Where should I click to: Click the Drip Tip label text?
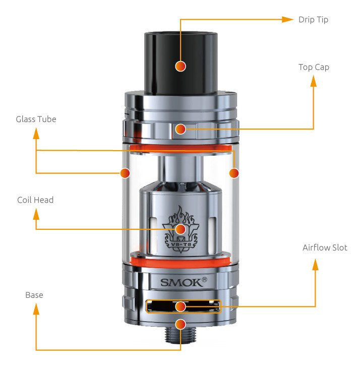coord(313,20)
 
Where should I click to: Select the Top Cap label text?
coord(314,67)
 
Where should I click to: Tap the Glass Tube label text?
coord(36,119)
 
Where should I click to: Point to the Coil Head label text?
coord(35,200)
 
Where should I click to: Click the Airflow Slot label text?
coord(325,247)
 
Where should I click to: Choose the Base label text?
coord(34,295)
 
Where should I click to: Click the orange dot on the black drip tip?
coord(181,66)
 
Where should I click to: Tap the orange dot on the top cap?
coord(181,129)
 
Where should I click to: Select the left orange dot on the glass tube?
coord(125,173)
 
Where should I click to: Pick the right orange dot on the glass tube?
coord(233,173)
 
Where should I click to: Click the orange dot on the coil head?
coord(181,229)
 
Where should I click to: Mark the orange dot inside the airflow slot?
coord(181,306)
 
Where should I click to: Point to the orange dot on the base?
coord(181,324)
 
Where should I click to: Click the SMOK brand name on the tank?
coord(183,282)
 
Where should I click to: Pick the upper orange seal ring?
coord(180,147)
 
